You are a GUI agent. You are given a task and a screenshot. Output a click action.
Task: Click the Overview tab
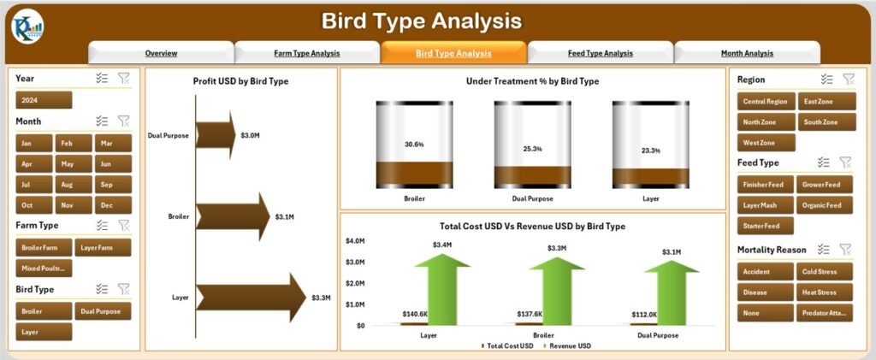click(161, 53)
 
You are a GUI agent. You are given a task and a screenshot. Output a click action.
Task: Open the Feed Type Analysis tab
click(600, 53)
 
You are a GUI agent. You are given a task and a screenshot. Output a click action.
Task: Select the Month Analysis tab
click(747, 53)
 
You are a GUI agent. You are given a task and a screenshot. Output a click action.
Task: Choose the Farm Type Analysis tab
click(306, 53)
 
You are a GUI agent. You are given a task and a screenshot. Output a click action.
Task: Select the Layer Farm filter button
click(103, 247)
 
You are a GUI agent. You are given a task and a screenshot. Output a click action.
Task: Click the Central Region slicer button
click(766, 101)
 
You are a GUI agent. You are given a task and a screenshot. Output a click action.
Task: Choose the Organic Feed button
click(825, 205)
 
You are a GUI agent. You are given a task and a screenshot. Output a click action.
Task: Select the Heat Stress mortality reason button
click(825, 292)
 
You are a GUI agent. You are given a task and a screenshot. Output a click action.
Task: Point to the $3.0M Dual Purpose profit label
click(251, 135)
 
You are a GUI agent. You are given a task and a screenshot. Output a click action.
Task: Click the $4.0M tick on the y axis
click(354, 241)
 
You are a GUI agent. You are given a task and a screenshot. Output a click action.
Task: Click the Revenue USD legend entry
click(569, 345)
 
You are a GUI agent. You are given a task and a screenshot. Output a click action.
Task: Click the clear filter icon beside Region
click(848, 79)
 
